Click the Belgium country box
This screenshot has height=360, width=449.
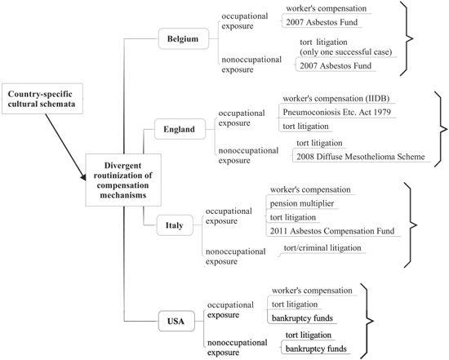[x=184, y=38]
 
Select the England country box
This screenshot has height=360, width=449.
[x=180, y=129]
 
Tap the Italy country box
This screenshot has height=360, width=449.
[x=175, y=225]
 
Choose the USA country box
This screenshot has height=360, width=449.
[x=176, y=321]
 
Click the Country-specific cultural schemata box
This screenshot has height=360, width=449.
[x=42, y=99]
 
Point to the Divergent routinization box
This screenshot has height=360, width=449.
[x=123, y=180]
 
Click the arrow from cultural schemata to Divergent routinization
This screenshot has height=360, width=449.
[x=65, y=147]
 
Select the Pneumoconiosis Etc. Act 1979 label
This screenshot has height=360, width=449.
[x=336, y=112]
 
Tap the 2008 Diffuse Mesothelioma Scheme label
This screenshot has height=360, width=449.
[x=361, y=157]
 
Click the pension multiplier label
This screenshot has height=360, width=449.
[x=302, y=203]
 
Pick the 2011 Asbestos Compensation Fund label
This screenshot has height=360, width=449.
[x=332, y=231]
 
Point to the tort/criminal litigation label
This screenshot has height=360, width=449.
[x=322, y=247]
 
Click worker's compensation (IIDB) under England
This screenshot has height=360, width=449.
[x=336, y=99]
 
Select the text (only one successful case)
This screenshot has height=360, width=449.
[x=346, y=52]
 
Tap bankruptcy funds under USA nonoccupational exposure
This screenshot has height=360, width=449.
[x=316, y=349]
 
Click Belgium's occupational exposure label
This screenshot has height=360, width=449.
[x=245, y=21]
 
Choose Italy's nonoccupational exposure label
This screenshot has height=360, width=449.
[x=236, y=256]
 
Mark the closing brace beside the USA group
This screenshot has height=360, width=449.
[x=367, y=321]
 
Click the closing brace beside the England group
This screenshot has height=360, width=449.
[x=441, y=129]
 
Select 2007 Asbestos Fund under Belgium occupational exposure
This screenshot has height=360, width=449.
[x=322, y=22]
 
